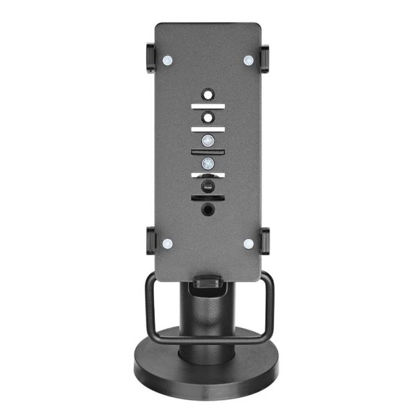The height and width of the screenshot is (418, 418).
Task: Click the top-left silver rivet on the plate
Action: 167,61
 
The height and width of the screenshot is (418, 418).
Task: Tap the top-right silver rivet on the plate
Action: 249,61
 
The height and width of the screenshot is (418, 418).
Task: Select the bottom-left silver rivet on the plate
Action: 167,244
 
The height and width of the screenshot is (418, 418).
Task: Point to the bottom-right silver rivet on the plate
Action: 249,244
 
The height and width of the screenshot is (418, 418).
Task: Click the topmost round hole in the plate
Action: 208,93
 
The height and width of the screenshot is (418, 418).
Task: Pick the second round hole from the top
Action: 208,116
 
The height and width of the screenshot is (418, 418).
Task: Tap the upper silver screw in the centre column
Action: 208,140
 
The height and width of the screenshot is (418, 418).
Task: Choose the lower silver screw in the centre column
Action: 208,163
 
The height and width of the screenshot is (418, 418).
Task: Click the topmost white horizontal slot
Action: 208,106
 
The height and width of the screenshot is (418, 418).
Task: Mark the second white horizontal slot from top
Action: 208,129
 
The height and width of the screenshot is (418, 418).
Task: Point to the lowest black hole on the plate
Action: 208,208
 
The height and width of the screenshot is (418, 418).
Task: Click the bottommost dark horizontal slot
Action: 208,198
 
